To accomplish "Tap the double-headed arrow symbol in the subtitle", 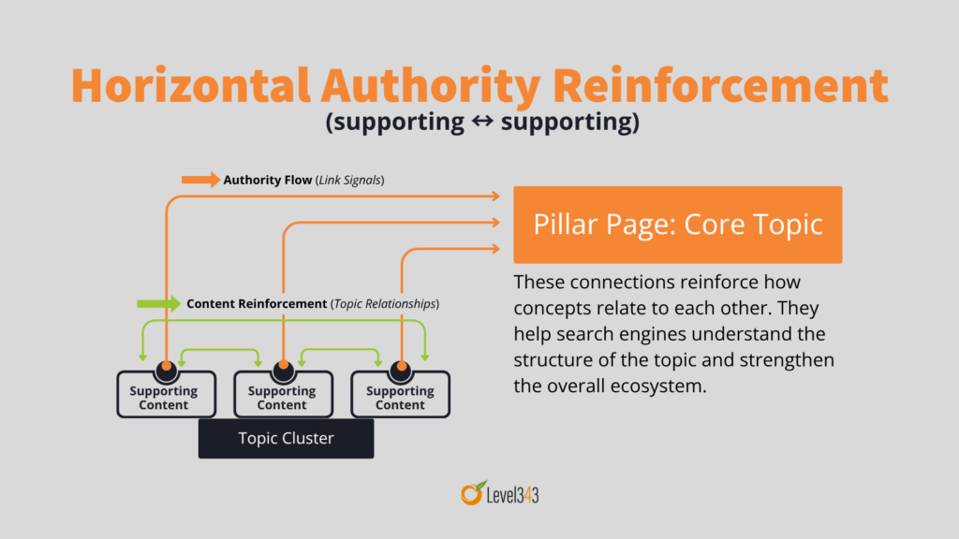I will (x=482, y=123).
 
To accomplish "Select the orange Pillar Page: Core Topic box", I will (x=677, y=225).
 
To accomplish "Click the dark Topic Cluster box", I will (x=286, y=438).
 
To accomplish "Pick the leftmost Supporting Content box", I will (x=164, y=397).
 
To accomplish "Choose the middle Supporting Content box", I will (x=282, y=397).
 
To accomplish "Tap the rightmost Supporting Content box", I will (x=400, y=397).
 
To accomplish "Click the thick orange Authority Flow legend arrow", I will (x=199, y=179).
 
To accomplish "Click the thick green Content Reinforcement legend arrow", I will (x=158, y=303).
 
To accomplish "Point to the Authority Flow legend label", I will (x=267, y=179).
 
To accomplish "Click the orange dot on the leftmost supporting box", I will (x=166, y=366).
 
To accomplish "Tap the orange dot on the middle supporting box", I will (x=283, y=366).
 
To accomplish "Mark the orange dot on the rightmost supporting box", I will (x=401, y=366).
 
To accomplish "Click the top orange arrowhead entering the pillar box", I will (x=496, y=196).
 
